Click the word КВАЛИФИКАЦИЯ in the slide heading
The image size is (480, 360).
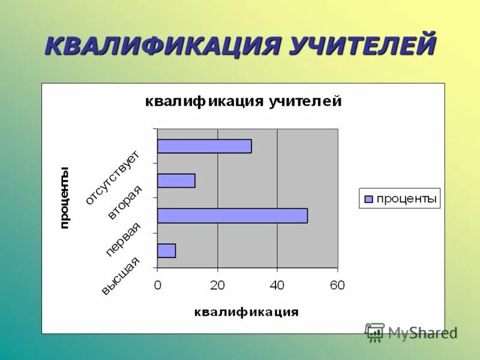[161, 46]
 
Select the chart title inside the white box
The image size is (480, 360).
[243, 101]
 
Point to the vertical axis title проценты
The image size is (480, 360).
[64, 197]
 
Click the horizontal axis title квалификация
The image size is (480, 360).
[246, 312]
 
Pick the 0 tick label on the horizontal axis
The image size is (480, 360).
[157, 286]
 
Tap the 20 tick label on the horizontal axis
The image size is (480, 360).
[217, 286]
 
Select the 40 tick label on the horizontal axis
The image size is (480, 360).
[277, 286]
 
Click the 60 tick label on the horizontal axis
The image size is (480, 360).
[337, 286]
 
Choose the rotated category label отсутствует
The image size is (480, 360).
[112, 178]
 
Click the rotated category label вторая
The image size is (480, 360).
[125, 203]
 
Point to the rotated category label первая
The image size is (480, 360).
[123, 239]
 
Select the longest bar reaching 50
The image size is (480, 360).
[232, 216]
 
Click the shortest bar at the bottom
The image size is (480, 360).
[166, 251]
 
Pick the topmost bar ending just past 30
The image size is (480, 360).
[204, 146]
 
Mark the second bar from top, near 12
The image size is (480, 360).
[176, 181]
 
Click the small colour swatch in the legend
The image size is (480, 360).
[368, 199]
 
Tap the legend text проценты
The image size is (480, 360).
[406, 199]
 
